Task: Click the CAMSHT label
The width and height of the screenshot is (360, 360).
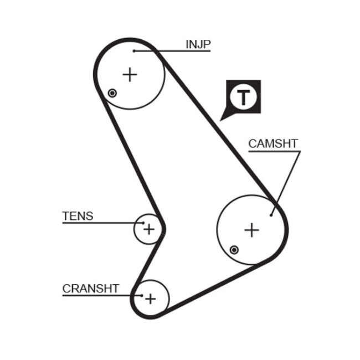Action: [272, 143]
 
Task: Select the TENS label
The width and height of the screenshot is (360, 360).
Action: [78, 215]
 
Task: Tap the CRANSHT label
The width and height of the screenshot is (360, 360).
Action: [90, 288]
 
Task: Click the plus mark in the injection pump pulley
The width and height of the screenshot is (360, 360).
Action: [130, 74]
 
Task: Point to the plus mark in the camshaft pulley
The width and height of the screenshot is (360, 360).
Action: [252, 229]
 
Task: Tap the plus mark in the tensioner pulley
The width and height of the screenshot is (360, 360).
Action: [150, 228]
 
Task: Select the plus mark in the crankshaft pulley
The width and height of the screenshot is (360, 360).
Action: [150, 299]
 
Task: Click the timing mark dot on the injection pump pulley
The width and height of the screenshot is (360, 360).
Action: [112, 92]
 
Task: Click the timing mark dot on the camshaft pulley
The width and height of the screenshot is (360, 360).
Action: [234, 250]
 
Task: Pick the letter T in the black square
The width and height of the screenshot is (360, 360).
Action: [244, 97]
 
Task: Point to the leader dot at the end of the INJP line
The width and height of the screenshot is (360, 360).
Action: [134, 52]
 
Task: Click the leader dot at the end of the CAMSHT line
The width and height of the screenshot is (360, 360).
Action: [271, 214]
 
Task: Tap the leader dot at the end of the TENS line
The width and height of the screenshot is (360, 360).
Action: [143, 223]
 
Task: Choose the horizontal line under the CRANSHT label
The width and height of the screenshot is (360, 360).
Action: [94, 295]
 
